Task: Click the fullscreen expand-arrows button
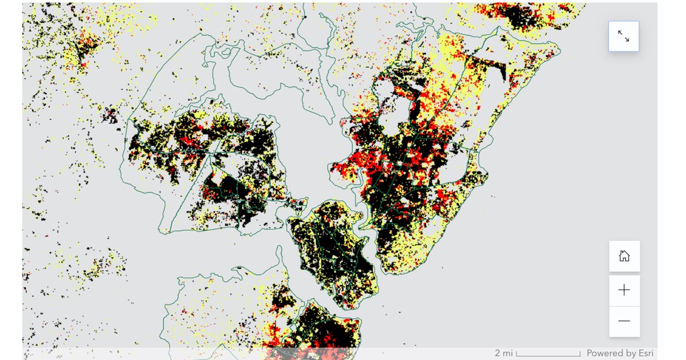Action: click(624, 37)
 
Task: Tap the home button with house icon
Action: click(624, 256)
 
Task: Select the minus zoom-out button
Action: click(624, 321)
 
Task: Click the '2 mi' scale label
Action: click(504, 353)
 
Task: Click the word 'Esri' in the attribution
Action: click(643, 353)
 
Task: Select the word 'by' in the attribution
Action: click(629, 353)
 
